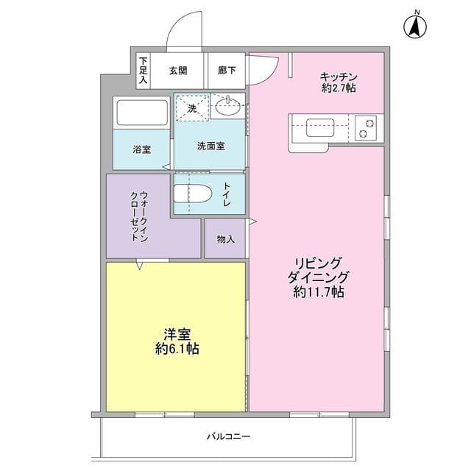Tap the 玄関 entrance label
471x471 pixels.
[x=177, y=71]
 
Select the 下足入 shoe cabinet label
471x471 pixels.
[x=143, y=70]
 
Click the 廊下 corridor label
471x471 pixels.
[x=227, y=71]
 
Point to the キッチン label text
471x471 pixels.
[x=338, y=76]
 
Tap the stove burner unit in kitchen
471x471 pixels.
[x=366, y=128]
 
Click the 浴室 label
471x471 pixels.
[x=142, y=149]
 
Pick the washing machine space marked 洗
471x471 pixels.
[x=192, y=108]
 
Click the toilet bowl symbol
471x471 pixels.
[x=193, y=194]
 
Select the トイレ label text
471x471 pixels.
[x=227, y=193]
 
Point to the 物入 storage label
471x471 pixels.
[x=225, y=239]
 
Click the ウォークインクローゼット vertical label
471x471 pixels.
[x=138, y=215]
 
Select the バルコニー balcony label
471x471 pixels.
[x=228, y=436]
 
